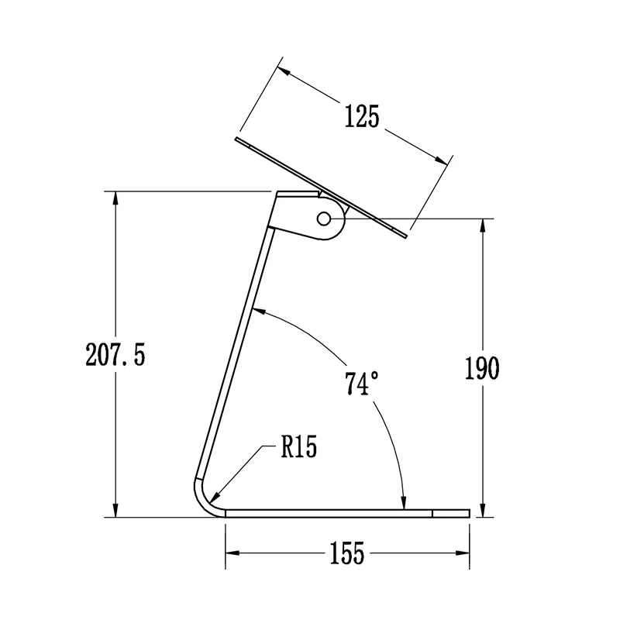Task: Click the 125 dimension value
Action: click(x=362, y=116)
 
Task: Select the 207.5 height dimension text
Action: click(x=115, y=355)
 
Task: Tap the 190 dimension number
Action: click(x=481, y=369)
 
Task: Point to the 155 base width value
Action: click(x=346, y=553)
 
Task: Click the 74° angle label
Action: click(x=362, y=384)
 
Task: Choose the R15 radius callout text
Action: click(x=299, y=447)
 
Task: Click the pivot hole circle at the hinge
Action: click(x=324, y=219)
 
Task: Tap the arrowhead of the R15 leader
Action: click(x=216, y=498)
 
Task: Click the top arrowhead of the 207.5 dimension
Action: click(x=115, y=198)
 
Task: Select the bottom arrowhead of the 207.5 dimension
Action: click(x=115, y=510)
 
